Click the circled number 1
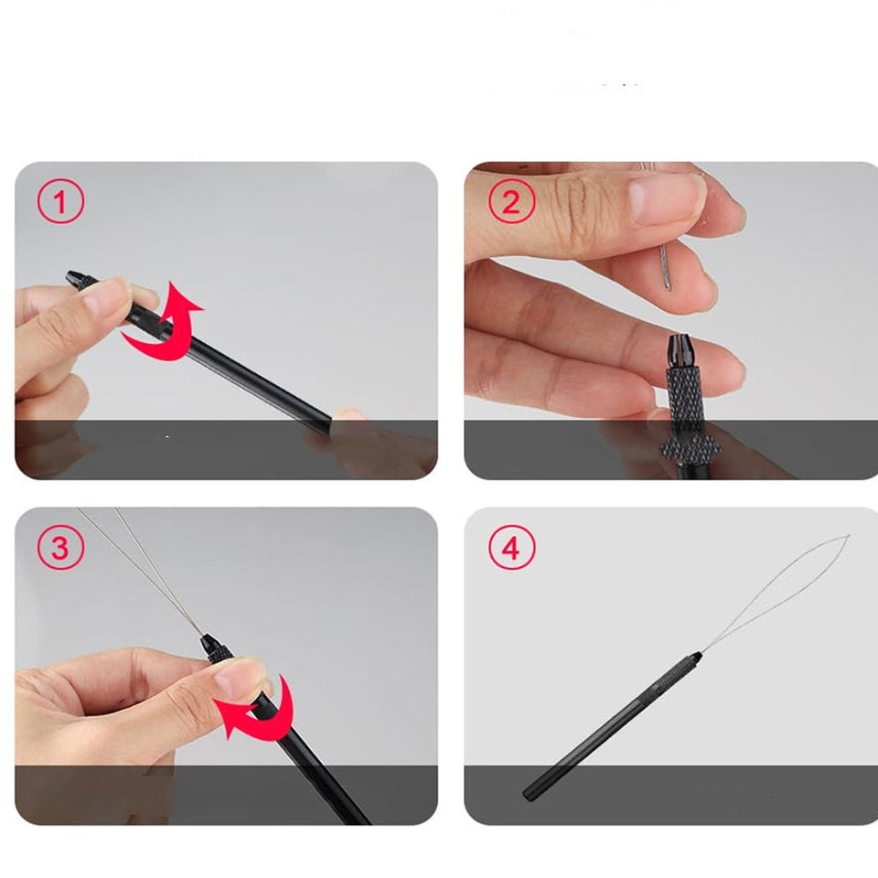tap(60, 201)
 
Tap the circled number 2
tap(511, 201)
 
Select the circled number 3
tap(60, 547)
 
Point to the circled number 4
tap(511, 547)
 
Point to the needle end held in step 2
tap(666, 268)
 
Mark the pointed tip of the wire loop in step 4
tap(849, 537)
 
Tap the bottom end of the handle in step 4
tap(528, 794)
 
